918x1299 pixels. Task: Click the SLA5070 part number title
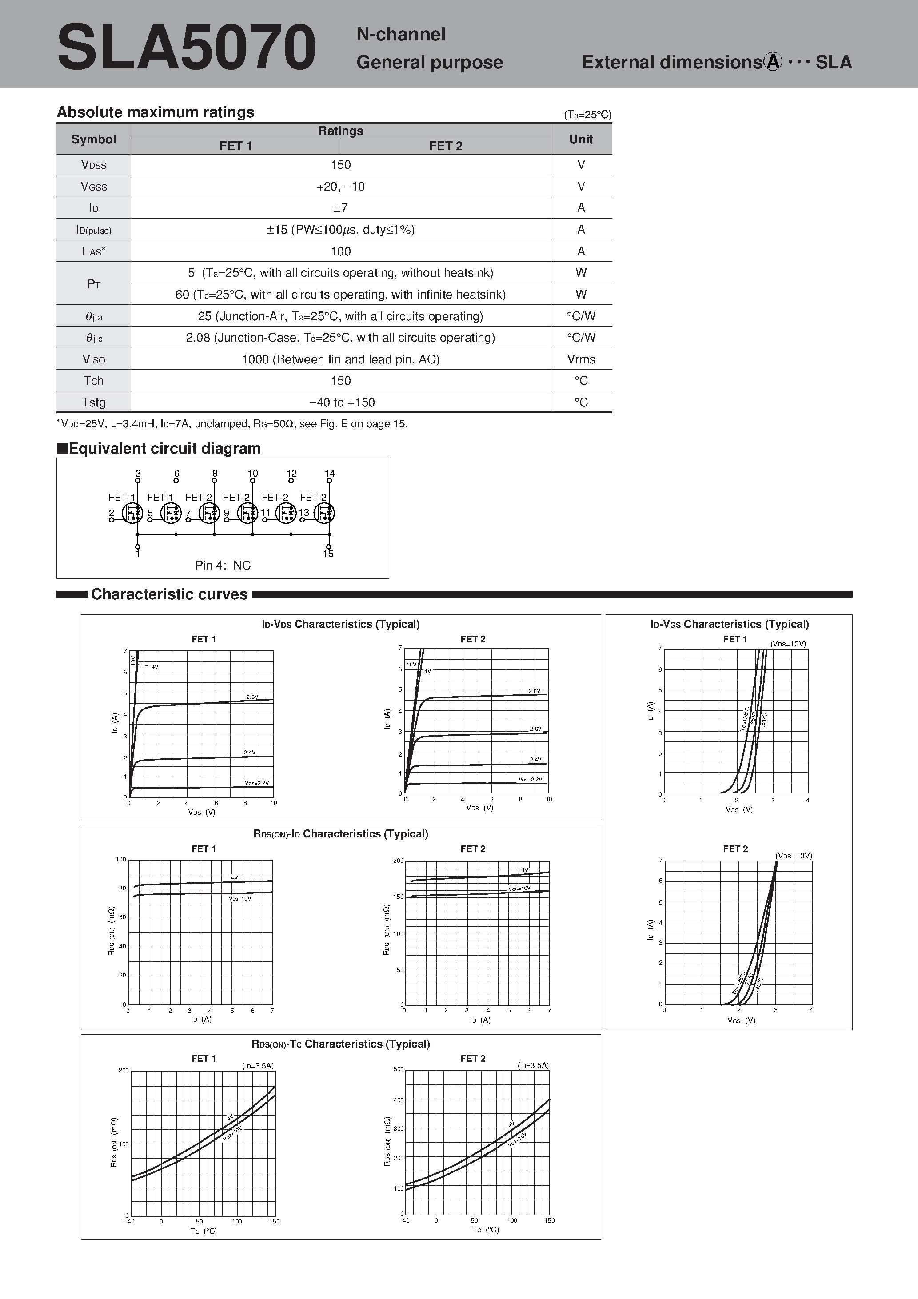pyautogui.click(x=186, y=48)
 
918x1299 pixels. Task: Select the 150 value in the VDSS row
pyautogui.click(x=341, y=165)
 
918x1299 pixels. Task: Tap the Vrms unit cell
pyautogui.click(x=581, y=359)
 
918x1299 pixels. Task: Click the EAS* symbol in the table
pyautogui.click(x=93, y=251)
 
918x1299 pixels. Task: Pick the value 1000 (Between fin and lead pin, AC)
pyautogui.click(x=341, y=359)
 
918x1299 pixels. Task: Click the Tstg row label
pyautogui.click(x=93, y=402)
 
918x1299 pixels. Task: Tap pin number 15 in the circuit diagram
pyautogui.click(x=328, y=554)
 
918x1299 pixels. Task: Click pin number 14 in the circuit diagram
pyautogui.click(x=329, y=474)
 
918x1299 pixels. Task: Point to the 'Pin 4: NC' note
pyautogui.click(x=223, y=565)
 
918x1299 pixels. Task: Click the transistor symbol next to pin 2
pyautogui.click(x=132, y=513)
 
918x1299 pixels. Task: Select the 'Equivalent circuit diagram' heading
pyautogui.click(x=164, y=449)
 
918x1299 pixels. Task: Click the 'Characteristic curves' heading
pyautogui.click(x=169, y=594)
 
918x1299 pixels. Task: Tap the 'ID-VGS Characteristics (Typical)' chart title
pyautogui.click(x=730, y=624)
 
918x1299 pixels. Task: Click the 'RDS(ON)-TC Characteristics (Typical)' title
pyautogui.click(x=341, y=1044)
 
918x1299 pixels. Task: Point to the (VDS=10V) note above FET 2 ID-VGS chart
pyautogui.click(x=794, y=856)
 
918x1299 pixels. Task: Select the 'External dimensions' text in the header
pyautogui.click(x=672, y=62)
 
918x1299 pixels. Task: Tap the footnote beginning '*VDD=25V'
pyautogui.click(x=232, y=424)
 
